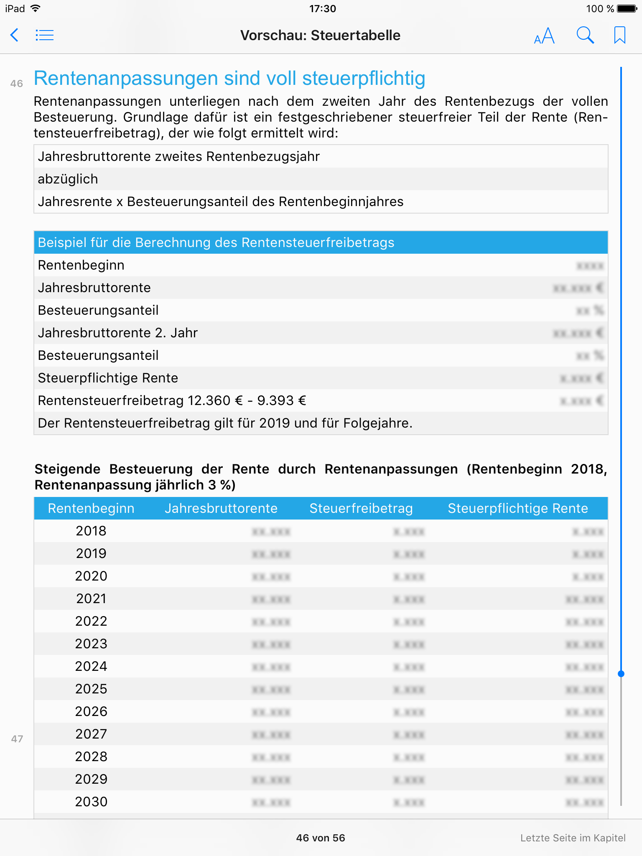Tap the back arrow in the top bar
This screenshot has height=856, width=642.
coord(15,35)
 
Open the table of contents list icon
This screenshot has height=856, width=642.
coord(45,35)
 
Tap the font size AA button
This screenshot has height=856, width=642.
coord(544,36)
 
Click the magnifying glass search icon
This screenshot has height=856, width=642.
coord(585,35)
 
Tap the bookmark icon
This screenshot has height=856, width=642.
coord(619,35)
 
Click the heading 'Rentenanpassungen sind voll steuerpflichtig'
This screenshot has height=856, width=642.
coord(229,79)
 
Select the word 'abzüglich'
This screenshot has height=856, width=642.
coord(68,179)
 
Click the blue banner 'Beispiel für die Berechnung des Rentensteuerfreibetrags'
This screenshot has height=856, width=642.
coord(216,242)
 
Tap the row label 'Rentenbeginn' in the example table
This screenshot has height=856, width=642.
coord(81,265)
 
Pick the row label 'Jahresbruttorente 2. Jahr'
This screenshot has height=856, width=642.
coord(117,333)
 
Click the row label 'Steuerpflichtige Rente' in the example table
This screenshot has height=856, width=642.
coord(108,378)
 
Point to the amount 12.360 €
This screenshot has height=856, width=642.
coord(215,400)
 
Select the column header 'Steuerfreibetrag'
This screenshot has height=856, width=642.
coord(361,508)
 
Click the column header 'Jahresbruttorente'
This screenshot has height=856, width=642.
coord(221,508)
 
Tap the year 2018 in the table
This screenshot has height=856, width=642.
coord(91,531)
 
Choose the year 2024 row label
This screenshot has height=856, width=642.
coord(91,666)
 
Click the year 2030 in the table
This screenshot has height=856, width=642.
coord(91,802)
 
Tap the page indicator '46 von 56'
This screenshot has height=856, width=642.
coord(321,838)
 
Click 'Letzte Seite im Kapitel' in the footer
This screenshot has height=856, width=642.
coord(573,838)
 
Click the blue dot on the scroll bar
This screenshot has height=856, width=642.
coord(621,674)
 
